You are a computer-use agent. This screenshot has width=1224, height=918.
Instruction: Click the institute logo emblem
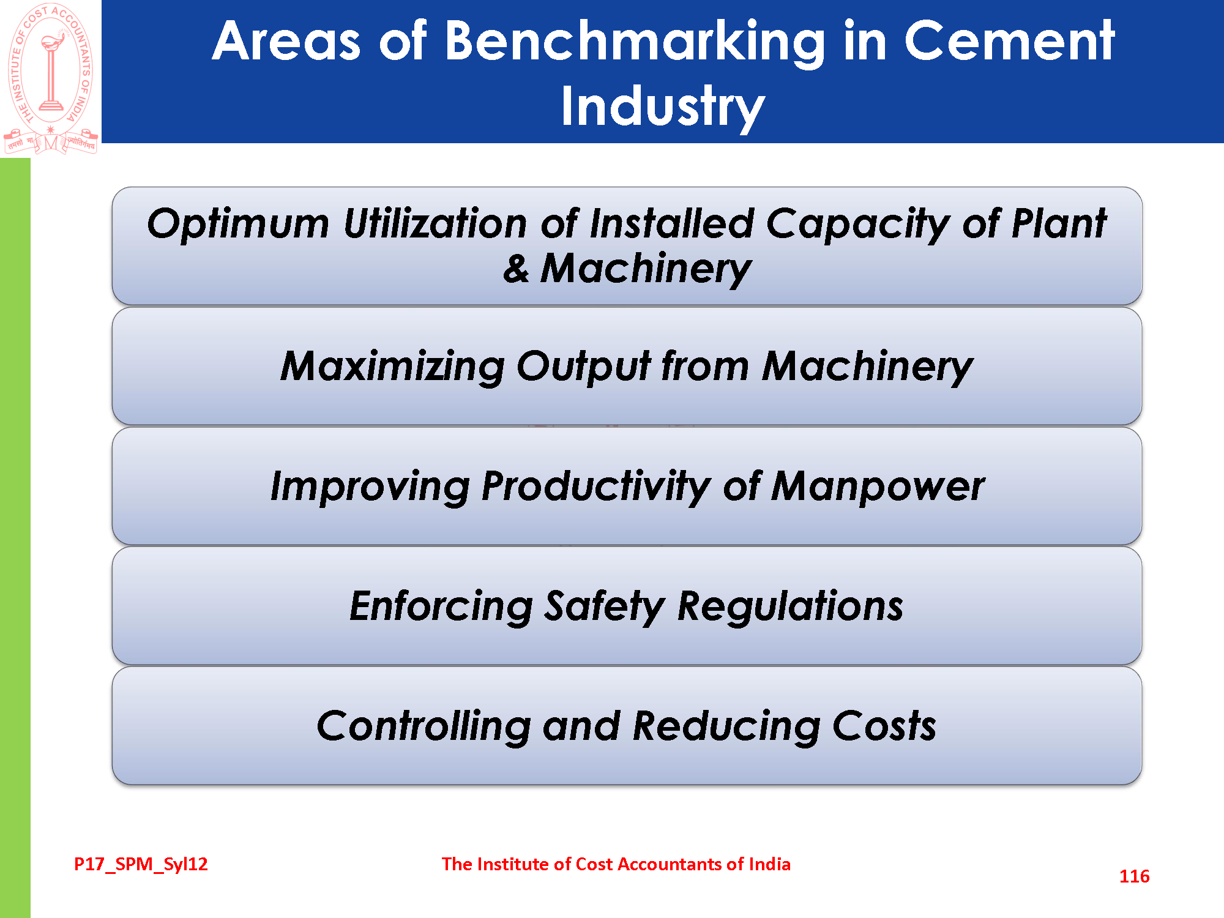click(50, 78)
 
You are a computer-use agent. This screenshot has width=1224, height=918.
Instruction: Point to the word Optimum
click(238, 224)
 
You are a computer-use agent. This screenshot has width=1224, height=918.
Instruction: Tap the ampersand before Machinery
click(516, 269)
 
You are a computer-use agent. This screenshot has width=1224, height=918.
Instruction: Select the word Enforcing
click(441, 606)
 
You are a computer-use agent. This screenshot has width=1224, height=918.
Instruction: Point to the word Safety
click(604, 606)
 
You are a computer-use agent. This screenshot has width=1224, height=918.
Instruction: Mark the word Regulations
click(790, 606)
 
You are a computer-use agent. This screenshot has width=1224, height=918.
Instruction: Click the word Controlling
click(423, 726)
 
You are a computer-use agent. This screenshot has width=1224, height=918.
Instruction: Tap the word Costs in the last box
click(884, 726)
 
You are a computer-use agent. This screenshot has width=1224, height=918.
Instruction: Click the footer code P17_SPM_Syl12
click(141, 864)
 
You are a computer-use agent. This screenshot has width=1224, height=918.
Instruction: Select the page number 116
click(1134, 876)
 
